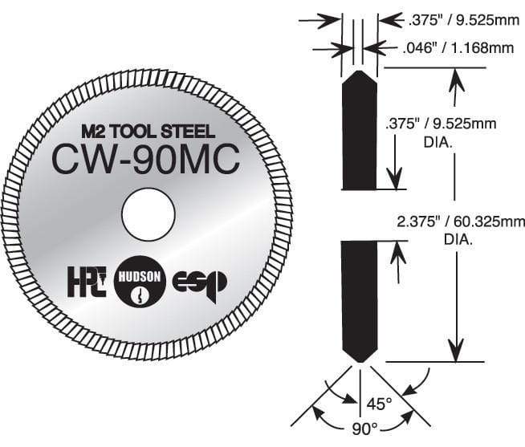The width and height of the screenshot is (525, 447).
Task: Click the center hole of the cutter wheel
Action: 149,216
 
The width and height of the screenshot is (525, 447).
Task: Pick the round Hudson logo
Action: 140,282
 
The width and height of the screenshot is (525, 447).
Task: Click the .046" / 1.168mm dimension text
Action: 458,49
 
